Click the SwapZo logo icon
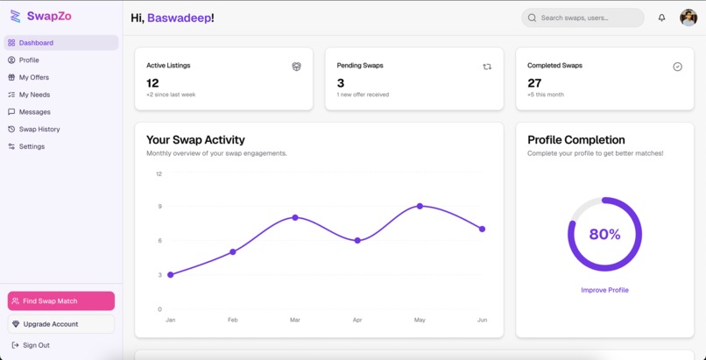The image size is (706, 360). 15,16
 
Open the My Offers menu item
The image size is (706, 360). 33,77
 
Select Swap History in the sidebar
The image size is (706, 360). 39,129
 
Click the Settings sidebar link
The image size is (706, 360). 32,146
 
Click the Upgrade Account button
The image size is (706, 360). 60,324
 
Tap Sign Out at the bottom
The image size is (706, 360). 35,345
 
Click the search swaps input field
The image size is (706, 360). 587,18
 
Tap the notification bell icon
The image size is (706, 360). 661,18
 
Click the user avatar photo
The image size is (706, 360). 688,18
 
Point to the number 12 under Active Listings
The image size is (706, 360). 152,83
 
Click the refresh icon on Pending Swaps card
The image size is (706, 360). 487,67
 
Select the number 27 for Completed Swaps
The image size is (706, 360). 534,83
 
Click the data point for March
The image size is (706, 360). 295,217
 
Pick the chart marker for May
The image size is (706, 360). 420,206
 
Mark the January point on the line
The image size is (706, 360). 170,275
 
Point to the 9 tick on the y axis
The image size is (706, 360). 159,207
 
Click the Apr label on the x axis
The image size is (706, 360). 357,321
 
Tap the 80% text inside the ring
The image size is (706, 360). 604,235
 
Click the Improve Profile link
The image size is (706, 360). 604,290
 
